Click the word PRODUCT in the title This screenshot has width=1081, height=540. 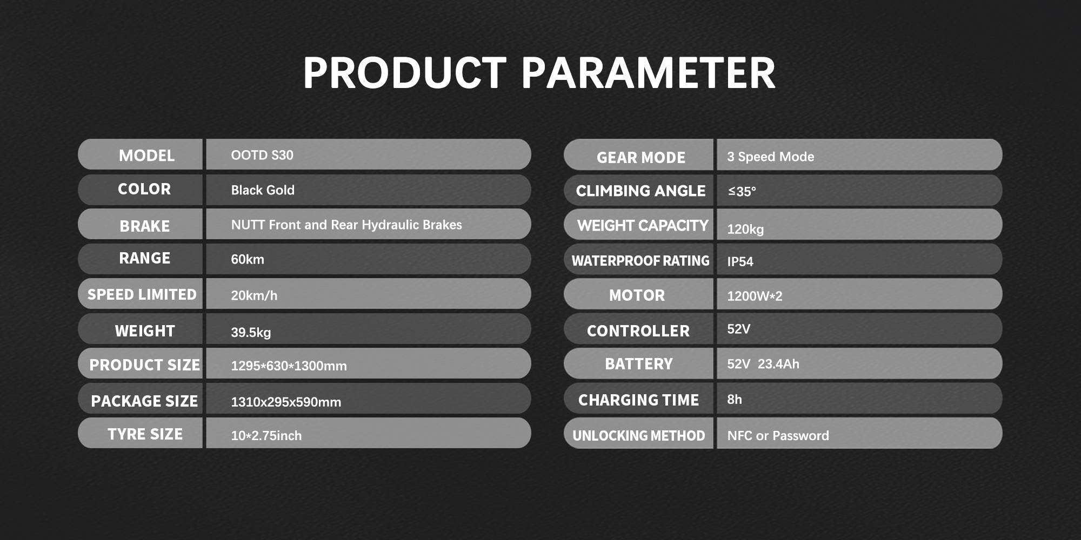[405, 73]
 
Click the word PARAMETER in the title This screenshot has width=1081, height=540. [648, 73]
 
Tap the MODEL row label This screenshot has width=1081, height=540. [146, 156]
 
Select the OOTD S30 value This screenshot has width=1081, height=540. [262, 155]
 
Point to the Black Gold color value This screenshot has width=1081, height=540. [263, 190]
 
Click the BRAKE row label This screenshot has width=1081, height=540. [145, 226]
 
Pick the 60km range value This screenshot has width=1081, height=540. [248, 259]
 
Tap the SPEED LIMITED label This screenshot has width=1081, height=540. [142, 294]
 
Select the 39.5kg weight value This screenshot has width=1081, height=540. [251, 332]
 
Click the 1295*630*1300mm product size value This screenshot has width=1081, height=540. [289, 366]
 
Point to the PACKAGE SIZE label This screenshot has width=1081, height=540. [144, 401]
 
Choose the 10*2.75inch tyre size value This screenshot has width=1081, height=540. [266, 435]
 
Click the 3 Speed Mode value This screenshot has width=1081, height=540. [771, 157]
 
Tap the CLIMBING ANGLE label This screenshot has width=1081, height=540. [640, 191]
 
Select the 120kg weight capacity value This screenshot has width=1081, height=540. [745, 229]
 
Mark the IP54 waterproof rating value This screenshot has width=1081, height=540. [740, 261]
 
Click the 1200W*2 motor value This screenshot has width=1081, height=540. [755, 296]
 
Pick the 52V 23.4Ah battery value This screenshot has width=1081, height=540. [763, 364]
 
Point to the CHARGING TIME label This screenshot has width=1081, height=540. [638, 400]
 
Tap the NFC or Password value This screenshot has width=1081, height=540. [778, 436]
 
